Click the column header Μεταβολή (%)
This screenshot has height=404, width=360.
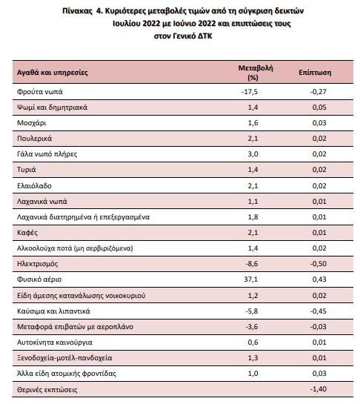point(256,73)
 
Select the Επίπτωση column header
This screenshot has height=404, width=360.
point(315,73)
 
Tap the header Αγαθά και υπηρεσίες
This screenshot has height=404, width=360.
point(53,73)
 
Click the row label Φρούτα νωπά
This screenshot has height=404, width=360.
point(40,92)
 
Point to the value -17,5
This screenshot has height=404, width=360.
point(250,92)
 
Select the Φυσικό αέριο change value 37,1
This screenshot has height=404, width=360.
point(251,279)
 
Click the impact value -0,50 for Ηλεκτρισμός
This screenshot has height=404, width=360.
point(319,264)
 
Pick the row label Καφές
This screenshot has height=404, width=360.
point(27,233)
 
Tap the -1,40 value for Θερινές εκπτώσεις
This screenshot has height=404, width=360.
point(319,388)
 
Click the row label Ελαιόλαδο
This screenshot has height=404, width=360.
point(34,186)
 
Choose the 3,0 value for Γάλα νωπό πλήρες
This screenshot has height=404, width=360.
point(253,154)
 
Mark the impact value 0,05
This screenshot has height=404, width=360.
point(319,107)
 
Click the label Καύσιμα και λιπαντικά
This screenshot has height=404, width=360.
point(53,311)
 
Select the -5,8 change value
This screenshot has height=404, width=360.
point(252,311)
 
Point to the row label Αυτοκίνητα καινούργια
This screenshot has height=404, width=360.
point(55,342)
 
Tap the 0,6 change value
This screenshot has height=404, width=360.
point(253,342)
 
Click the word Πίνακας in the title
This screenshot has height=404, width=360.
point(77,11)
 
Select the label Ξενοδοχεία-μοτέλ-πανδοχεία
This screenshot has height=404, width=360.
point(64,358)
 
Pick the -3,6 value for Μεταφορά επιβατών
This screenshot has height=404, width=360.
point(252,327)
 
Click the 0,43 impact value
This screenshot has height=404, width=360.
point(319,279)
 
